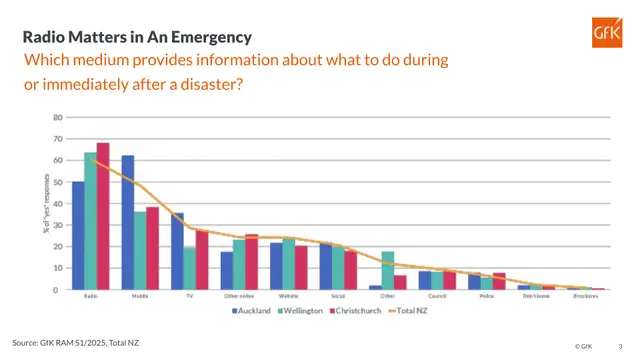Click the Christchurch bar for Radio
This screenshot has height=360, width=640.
[103, 216]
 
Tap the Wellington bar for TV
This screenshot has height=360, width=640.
[190, 268]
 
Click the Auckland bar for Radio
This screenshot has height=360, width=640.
[78, 235]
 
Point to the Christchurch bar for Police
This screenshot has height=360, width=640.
[500, 281]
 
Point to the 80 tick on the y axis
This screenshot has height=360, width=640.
[58, 117]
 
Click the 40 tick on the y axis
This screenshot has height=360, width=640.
[58, 203]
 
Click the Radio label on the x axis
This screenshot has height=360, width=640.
[91, 297]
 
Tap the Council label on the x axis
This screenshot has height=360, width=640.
[437, 297]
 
